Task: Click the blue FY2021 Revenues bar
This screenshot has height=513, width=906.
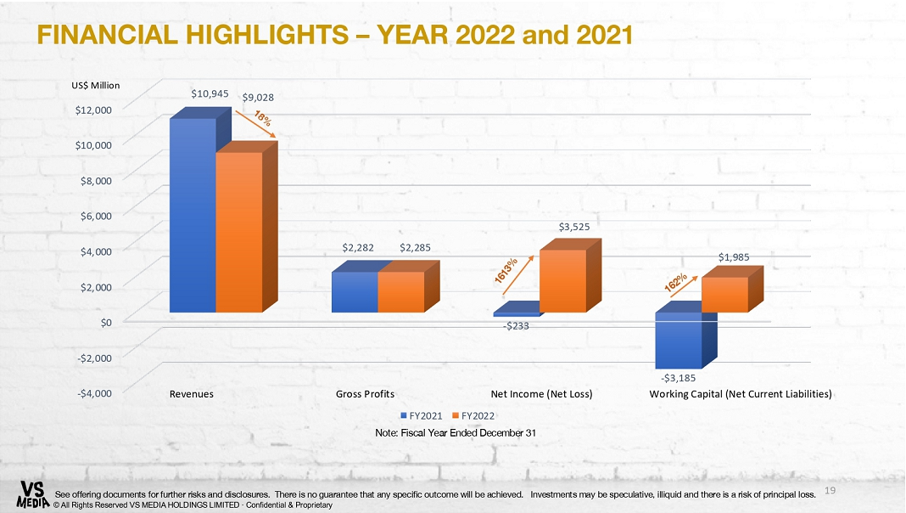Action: point(193,215)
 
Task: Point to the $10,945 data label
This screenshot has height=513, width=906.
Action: point(210,93)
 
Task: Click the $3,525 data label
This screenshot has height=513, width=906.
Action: point(574,227)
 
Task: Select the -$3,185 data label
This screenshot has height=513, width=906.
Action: point(679,378)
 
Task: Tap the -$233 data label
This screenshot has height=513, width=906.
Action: point(516,325)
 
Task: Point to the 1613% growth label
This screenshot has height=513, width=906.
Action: point(506,271)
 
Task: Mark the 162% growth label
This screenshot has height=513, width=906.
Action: point(675,282)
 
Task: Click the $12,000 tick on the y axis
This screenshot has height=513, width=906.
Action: point(93,110)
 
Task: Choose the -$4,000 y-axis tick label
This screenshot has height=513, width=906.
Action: point(95,393)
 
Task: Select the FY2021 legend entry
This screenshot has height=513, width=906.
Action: point(422,416)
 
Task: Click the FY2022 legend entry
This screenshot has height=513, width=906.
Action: point(473,416)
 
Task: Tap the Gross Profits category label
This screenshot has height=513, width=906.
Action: point(365,394)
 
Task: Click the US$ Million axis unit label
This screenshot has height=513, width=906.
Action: point(95,85)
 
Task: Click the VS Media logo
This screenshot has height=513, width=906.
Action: point(33,494)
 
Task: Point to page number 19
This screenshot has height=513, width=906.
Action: point(830,490)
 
